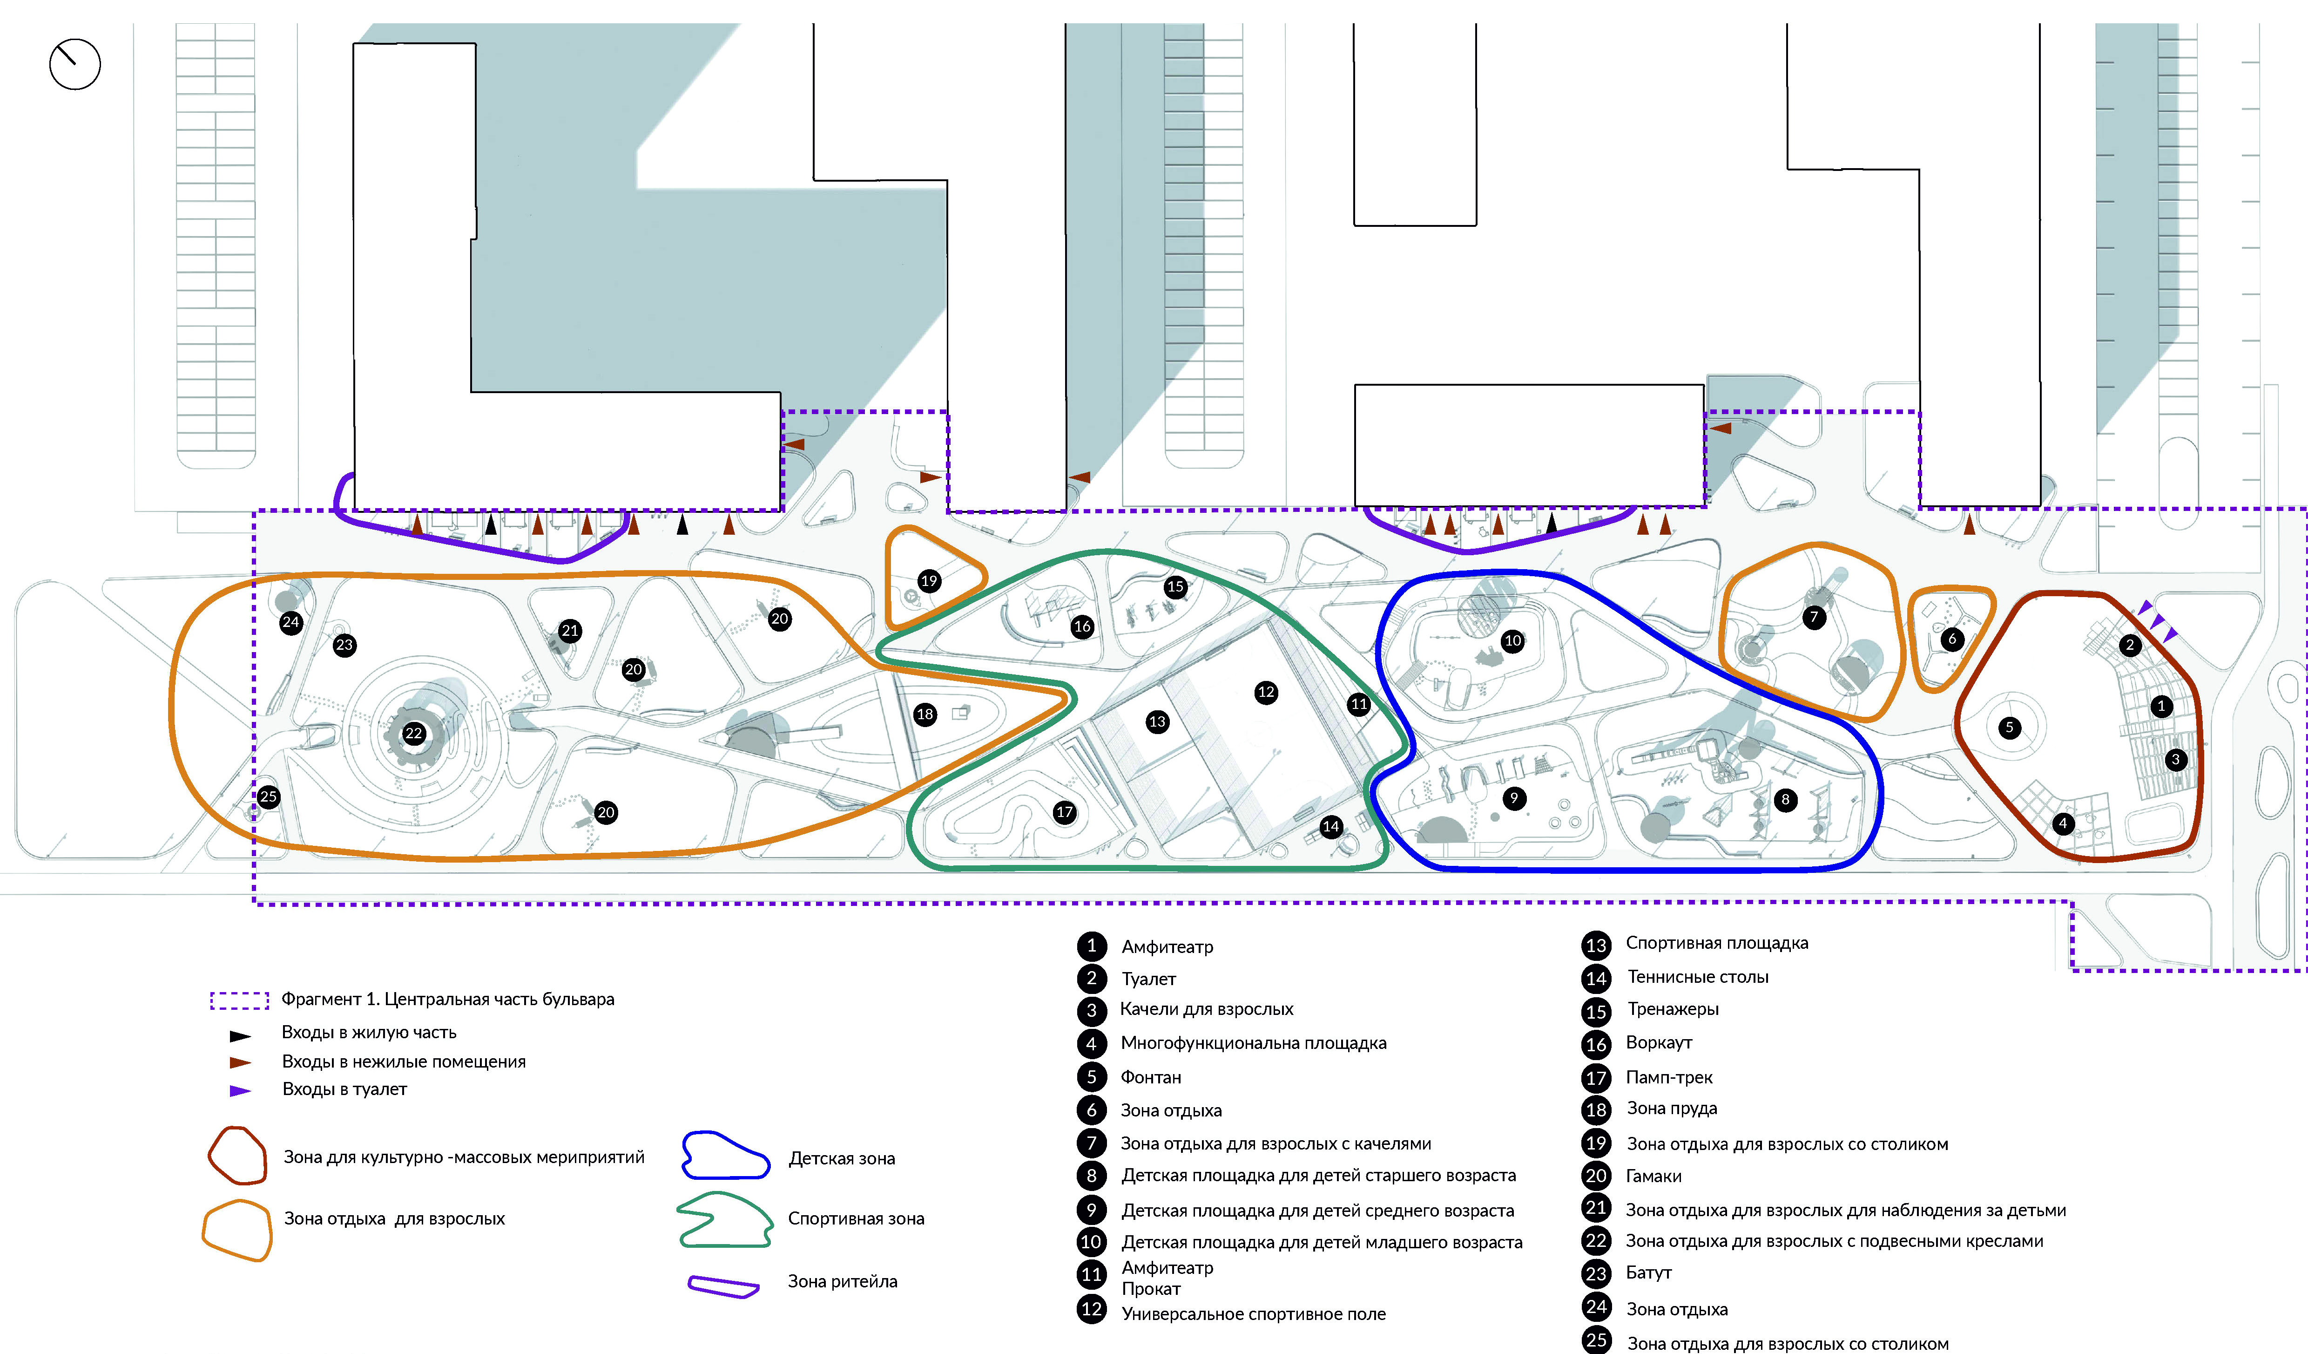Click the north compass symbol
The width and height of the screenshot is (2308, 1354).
pos(74,64)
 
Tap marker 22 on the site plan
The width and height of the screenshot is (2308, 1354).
pos(414,733)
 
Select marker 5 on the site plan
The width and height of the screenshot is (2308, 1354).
pos(2010,728)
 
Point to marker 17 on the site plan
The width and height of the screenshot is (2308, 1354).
pos(1064,812)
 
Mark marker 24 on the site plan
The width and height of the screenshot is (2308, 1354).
pos(290,622)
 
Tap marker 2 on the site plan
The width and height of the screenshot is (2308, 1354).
pos(2129,645)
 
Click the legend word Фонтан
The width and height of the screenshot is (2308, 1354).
pos(1150,1077)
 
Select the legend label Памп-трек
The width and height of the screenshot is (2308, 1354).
pos(1669,1077)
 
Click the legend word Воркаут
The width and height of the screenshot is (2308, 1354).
pos(1659,1042)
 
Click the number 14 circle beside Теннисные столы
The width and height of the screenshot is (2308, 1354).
pos(1595,979)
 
